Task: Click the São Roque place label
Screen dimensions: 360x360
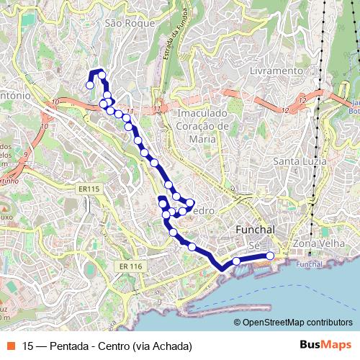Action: (x=130, y=23)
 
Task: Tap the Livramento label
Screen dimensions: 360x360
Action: (x=276, y=71)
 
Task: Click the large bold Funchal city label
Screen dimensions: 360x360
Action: (x=255, y=229)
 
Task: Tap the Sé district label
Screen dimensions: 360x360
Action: (x=253, y=246)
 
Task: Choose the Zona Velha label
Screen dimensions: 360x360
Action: (x=316, y=244)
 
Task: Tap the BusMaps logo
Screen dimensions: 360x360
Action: (x=325, y=345)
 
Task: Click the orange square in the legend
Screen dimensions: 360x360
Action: (x=11, y=346)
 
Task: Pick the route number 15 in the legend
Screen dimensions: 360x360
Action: (x=28, y=346)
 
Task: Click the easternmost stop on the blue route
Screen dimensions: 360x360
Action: (x=270, y=256)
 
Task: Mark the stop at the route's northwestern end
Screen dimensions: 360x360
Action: (x=90, y=85)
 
